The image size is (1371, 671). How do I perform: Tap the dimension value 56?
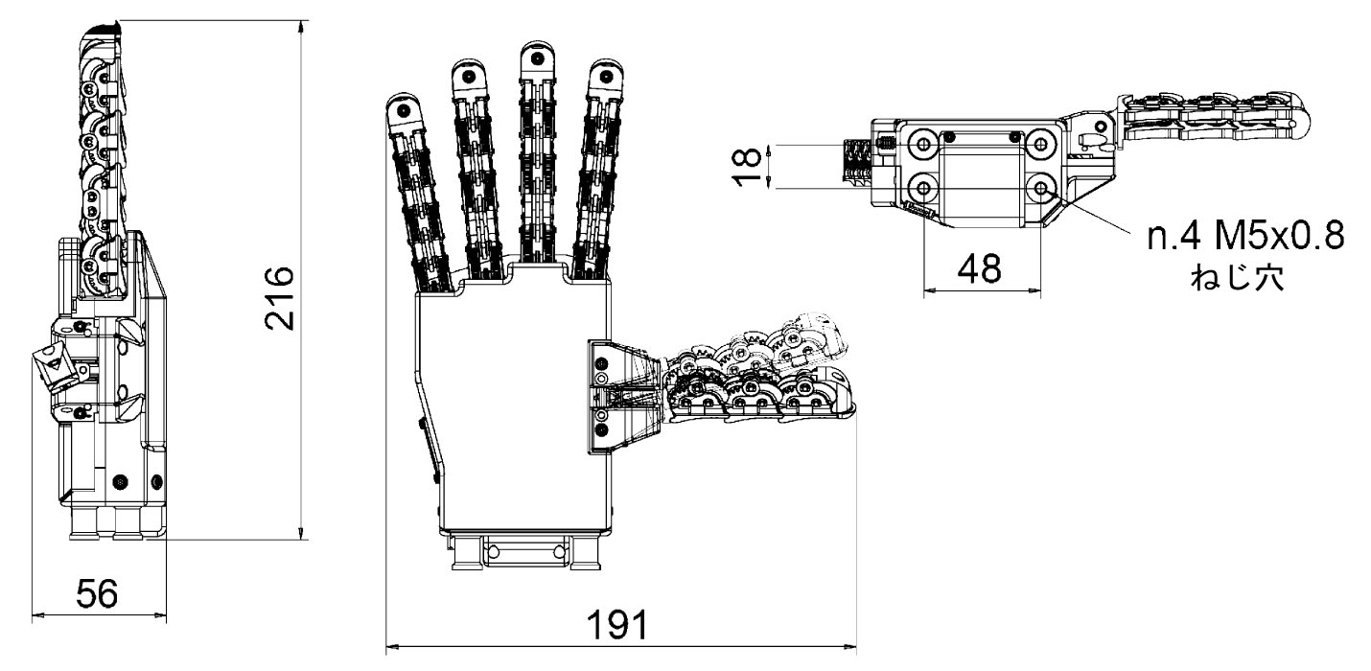point(98,594)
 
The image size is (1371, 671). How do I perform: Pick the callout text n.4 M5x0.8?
point(1244,235)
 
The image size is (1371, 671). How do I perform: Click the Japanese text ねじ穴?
point(1244,279)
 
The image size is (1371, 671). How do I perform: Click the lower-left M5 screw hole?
point(923,188)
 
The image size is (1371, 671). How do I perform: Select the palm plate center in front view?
point(513,403)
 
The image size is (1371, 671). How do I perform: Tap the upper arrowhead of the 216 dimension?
point(303,25)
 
